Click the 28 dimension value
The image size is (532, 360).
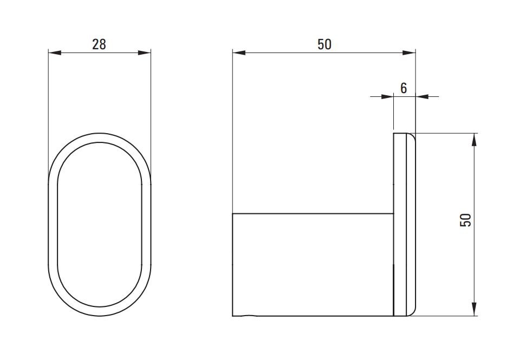[x=99, y=44]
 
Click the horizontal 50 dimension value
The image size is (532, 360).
[x=325, y=44]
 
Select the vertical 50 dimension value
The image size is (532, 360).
[x=465, y=220]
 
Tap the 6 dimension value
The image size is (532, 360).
[x=404, y=88]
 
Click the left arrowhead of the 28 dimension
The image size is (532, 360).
[x=55, y=53]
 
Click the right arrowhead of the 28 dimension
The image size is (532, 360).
[x=144, y=53]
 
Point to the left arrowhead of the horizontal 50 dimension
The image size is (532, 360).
[x=239, y=53]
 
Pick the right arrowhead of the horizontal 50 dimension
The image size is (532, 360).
[x=408, y=53]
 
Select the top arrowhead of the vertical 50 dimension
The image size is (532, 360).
[x=475, y=140]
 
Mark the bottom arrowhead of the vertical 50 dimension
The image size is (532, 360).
[x=475, y=309]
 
